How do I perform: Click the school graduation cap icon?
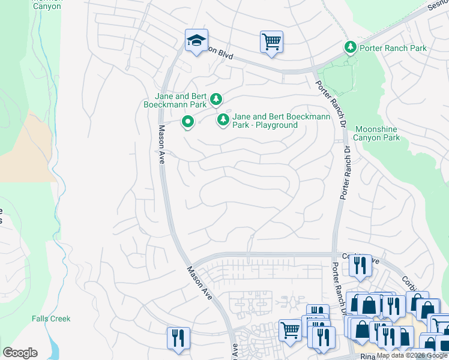click(x=196, y=41)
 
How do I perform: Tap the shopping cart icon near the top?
click(x=271, y=42)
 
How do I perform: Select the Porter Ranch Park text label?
click(x=393, y=48)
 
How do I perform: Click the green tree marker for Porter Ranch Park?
click(x=349, y=47)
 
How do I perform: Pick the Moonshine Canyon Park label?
click(x=377, y=133)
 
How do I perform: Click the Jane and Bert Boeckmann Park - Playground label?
click(x=281, y=121)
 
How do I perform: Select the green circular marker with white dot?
click(x=187, y=122)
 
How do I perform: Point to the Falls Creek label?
click(x=51, y=319)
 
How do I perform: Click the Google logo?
click(x=20, y=353)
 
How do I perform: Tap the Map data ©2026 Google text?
click(x=412, y=355)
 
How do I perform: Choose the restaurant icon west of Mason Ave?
click(x=178, y=338)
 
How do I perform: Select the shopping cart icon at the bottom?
click(x=290, y=330)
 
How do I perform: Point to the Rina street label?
click(x=368, y=356)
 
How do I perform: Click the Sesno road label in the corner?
click(x=437, y=6)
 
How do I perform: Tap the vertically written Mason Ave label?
click(x=161, y=145)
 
